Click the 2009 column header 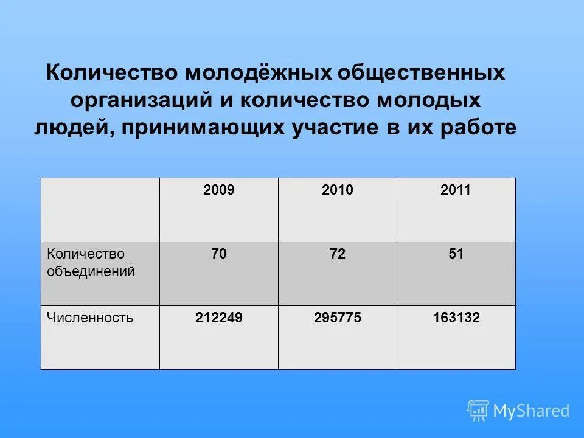click(219, 190)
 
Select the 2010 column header click(338, 190)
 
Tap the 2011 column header click(456, 190)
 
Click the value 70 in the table click(219, 254)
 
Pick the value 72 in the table click(338, 254)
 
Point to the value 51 click(456, 254)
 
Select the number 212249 click(219, 318)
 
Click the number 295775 click(338, 318)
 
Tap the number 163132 click(456, 318)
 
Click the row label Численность click(90, 318)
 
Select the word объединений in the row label click(91, 271)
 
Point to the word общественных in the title click(422, 74)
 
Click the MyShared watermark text click(531, 411)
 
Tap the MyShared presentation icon click(478, 411)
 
